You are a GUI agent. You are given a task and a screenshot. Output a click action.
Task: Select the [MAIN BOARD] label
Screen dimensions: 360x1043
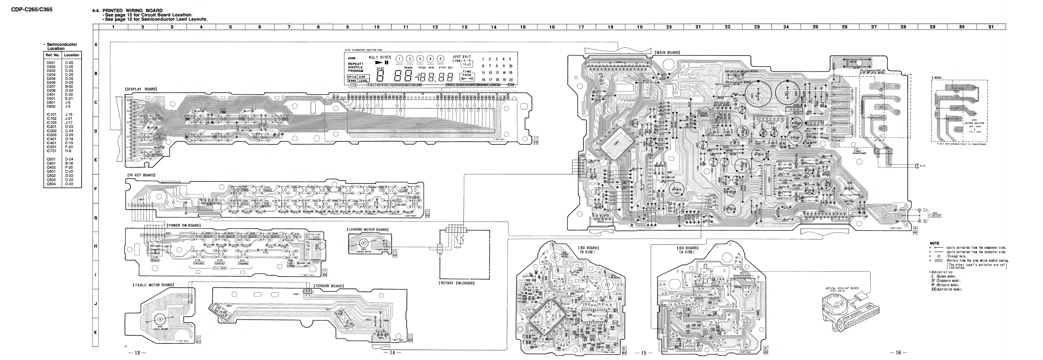(x=667, y=53)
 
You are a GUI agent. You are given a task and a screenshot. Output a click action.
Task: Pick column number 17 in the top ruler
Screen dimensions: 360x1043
(x=581, y=27)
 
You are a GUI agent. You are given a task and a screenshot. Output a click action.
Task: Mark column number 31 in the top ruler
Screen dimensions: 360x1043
(x=991, y=27)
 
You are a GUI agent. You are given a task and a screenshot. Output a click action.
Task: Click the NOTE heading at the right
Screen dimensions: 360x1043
(x=934, y=243)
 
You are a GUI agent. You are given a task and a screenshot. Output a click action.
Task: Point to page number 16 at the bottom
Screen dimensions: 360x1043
(x=898, y=353)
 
